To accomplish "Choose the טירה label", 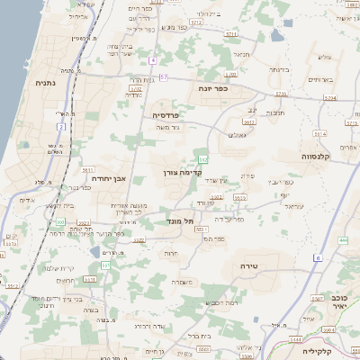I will [250, 266].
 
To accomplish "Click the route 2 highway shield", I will [62, 127].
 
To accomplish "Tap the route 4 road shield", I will [154, 60].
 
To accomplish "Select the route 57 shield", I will [164, 77].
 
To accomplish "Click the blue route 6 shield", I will [318, 258].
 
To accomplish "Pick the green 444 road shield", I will [344, 241].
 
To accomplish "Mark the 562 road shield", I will [205, 159].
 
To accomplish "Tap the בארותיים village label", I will [319, 79].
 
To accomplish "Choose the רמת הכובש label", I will [222, 302].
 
